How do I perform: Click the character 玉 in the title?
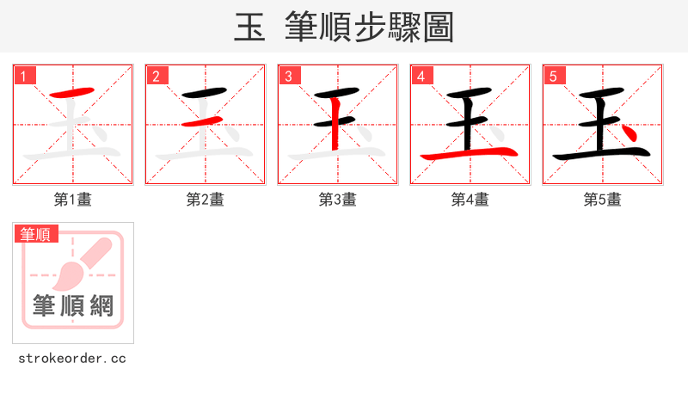249,28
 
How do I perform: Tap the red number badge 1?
24,77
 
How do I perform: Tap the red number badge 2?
157,77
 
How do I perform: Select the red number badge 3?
289,77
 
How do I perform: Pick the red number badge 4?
421,77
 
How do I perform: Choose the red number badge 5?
554,77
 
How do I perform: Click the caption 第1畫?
73,200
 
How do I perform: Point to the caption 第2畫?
206,200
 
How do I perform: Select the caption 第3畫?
338,200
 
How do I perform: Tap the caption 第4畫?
470,200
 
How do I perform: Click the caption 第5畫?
603,200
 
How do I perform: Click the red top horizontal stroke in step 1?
71,92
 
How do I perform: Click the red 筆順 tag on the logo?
36,233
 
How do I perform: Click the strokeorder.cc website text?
73,358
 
